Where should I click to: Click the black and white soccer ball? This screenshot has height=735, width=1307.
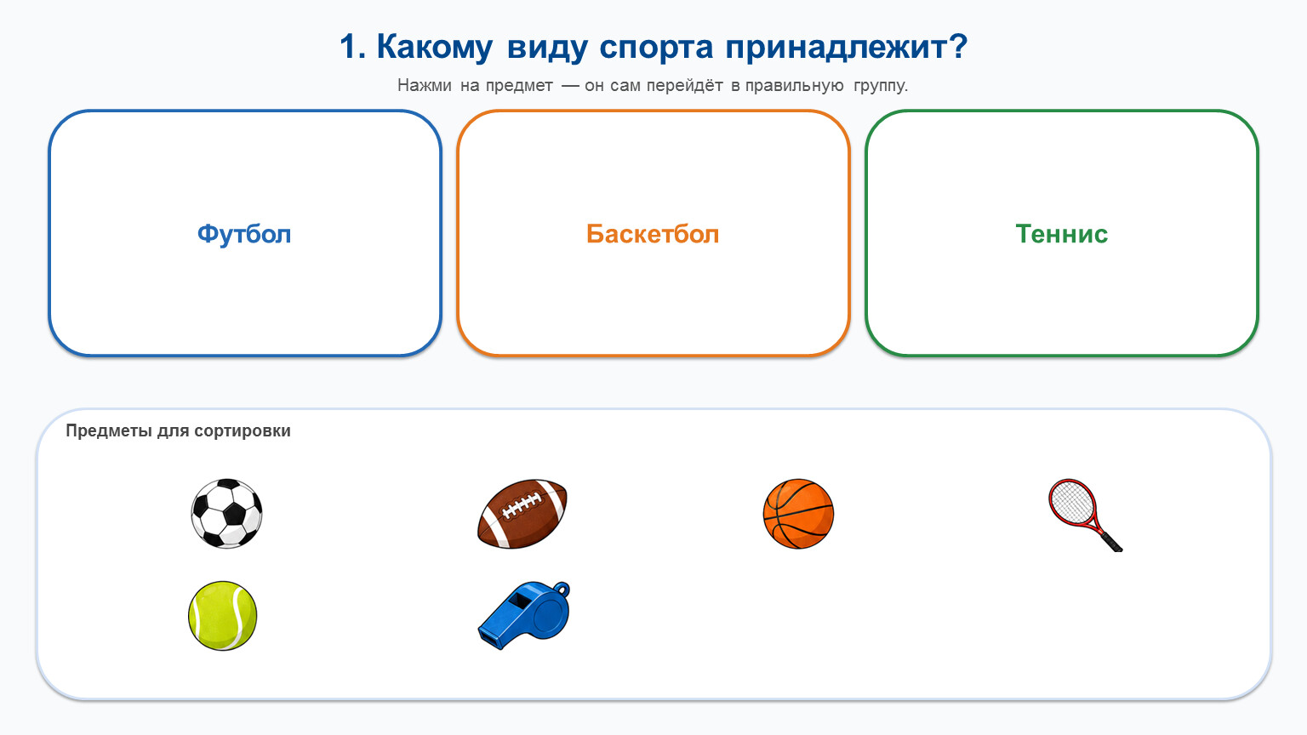tap(226, 513)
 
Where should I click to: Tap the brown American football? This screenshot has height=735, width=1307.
tap(522, 514)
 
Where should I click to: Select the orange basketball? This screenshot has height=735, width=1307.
tap(798, 514)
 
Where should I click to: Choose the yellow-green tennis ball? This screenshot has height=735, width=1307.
tap(222, 615)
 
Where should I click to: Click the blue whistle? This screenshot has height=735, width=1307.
tap(523, 615)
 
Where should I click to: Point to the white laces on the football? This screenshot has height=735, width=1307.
tap(522, 505)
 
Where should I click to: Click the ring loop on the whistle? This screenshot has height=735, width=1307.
tap(561, 590)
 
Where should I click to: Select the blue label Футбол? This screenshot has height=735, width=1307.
tap(244, 234)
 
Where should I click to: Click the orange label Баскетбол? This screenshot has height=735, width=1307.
tap(653, 234)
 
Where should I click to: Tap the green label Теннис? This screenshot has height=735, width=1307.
tap(1061, 234)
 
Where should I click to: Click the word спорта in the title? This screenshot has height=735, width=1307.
tap(656, 48)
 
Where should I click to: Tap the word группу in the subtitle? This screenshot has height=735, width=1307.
tap(881, 86)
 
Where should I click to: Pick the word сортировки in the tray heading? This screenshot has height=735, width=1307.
tap(243, 431)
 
